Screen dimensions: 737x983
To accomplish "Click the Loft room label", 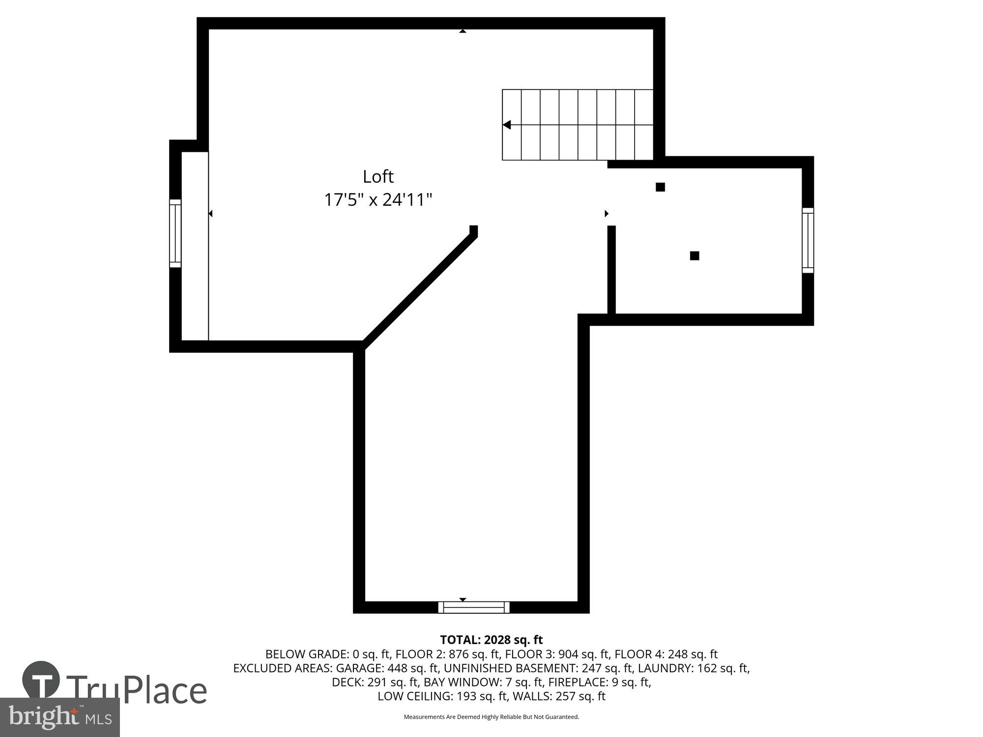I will click(x=378, y=176).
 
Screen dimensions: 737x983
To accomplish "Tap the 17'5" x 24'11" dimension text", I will click(x=378, y=200).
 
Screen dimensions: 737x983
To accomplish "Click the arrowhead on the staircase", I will click(x=507, y=125).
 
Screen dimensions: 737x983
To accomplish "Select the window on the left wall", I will click(x=175, y=233).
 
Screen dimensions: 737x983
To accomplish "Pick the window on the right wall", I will click(x=808, y=240).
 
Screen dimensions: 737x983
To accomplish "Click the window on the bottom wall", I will click(x=474, y=608).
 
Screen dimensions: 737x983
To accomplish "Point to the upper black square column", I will click(x=660, y=187).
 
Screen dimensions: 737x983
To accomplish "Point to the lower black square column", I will click(x=694, y=255).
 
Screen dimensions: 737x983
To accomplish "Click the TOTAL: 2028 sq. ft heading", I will click(x=491, y=640).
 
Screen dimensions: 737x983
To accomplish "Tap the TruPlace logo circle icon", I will click(x=41, y=680).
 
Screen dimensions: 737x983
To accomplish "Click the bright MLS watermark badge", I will click(x=59, y=717).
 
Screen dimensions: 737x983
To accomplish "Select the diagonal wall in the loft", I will click(x=420, y=290).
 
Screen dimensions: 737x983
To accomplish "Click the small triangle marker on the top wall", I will click(x=463, y=31).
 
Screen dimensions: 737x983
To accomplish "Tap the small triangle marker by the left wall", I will click(x=210, y=213).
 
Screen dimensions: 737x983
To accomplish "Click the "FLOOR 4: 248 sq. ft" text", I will click(x=666, y=654).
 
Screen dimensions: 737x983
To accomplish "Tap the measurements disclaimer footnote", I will click(x=491, y=717).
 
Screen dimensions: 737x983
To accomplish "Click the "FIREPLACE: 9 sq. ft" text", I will click(x=599, y=682).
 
